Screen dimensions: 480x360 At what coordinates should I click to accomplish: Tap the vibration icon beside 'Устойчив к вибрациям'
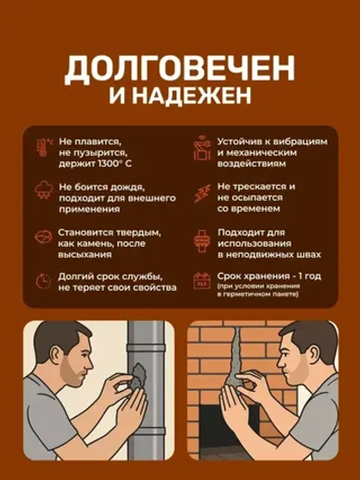[200, 149]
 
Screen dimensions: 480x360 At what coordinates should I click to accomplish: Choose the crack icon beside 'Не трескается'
[200, 191]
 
